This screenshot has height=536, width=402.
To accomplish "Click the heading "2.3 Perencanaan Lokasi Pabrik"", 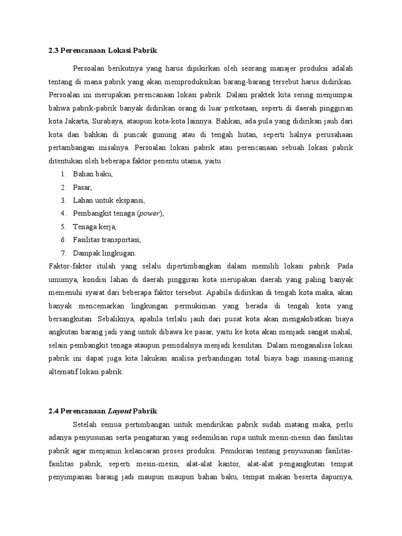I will tap(102, 50).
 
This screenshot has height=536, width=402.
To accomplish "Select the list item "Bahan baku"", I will tap(93, 174).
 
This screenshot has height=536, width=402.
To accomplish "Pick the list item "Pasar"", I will tap(83, 187).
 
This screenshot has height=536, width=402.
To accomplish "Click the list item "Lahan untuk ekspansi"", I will tap(109, 200).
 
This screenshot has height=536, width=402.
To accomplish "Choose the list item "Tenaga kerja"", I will tap(95, 227).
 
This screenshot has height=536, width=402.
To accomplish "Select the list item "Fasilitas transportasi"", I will tap(107, 240).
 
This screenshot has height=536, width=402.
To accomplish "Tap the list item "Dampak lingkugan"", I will tap(105, 253).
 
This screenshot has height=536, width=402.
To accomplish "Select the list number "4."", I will tap(63, 214).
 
